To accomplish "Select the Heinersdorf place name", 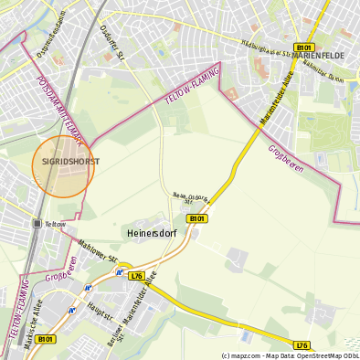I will pyautogui.click(x=148, y=233).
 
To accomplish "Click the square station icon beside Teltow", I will pyautogui.click(x=37, y=223).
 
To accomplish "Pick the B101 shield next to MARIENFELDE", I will pyautogui.click(x=303, y=47).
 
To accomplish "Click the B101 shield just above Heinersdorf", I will pyautogui.click(x=196, y=218).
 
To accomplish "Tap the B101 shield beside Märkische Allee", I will pyautogui.click(x=47, y=339).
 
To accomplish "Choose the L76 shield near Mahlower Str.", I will pyautogui.click(x=136, y=275).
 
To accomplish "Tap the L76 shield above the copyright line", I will pyautogui.click(x=302, y=344).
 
